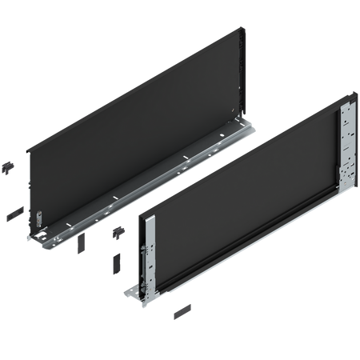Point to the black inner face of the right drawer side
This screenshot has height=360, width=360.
click(240, 200)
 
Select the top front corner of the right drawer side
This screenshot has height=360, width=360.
click(141, 214)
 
